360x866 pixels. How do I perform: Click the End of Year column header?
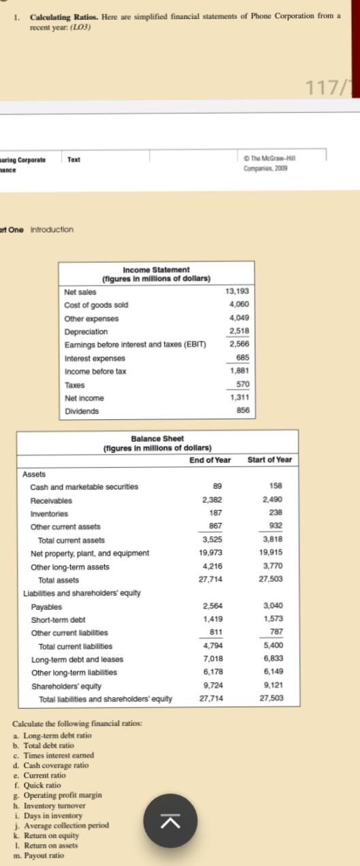210,459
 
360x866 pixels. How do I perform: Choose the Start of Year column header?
269,459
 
